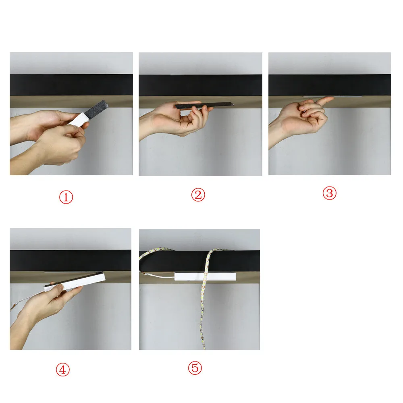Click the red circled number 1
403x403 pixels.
pyautogui.click(x=66, y=197)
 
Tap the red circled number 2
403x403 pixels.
pyautogui.click(x=198, y=195)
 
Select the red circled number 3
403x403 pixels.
pyautogui.click(x=330, y=193)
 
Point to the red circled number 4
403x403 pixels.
pyautogui.click(x=63, y=370)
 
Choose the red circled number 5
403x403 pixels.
pyautogui.click(x=195, y=368)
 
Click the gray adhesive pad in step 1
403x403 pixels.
pyautogui.click(x=96, y=110)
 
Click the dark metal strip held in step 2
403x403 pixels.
pyautogui.click(x=204, y=105)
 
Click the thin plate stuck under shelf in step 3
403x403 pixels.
pyautogui.click(x=333, y=97)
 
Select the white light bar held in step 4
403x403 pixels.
pyautogui.click(x=75, y=282)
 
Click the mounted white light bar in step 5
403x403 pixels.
pyautogui.click(x=205, y=276)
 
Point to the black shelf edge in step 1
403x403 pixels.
pyautogui.click(x=71, y=85)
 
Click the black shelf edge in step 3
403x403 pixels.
pyautogui.click(x=330, y=85)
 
